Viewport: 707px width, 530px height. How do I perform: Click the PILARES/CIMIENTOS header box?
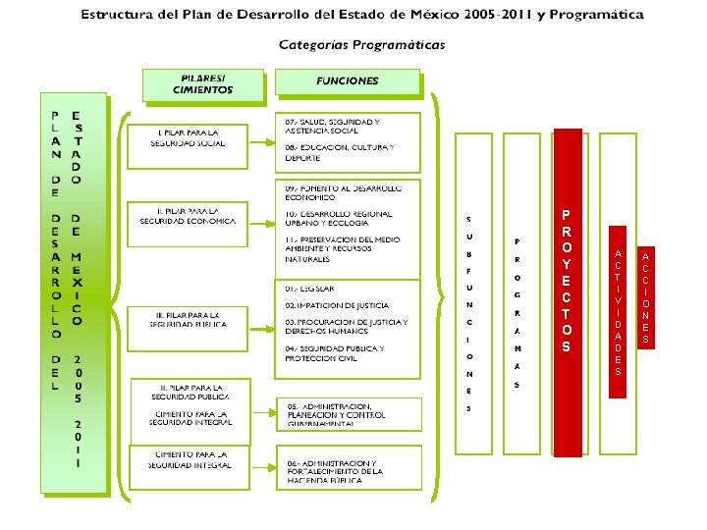pos(203,84)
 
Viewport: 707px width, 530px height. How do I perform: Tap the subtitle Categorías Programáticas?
pos(362,44)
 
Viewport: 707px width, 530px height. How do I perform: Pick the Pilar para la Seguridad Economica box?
pos(188,216)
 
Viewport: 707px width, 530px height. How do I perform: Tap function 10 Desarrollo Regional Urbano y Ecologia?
pos(340,218)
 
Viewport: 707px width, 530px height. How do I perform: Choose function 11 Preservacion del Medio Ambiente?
pos(343,249)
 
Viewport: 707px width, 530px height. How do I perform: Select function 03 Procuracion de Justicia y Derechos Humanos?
pos(345,327)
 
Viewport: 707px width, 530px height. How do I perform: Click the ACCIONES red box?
pos(645,296)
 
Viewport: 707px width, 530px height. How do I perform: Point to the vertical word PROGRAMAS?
pos(517,313)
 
